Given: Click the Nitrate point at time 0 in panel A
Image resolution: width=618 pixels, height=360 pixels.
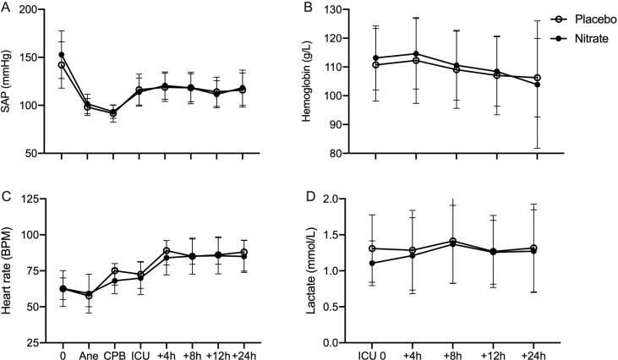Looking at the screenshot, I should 62,55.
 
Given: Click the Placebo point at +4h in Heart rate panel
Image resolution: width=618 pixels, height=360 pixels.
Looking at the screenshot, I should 167,251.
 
